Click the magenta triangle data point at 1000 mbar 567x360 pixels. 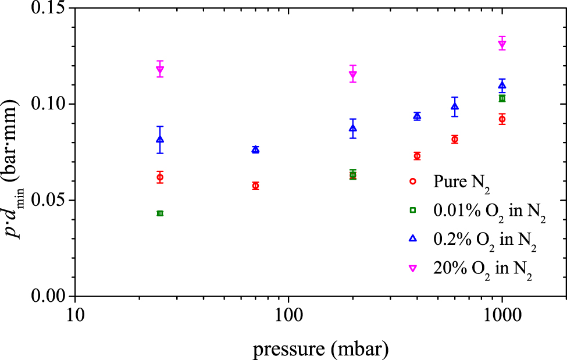(502, 45)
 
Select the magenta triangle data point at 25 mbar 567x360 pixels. (160, 69)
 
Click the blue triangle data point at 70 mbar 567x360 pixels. (255, 149)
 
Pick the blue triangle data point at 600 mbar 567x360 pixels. (455, 106)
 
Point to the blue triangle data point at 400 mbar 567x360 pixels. (417, 116)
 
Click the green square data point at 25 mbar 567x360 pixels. (160, 213)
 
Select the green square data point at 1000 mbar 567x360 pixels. (502, 98)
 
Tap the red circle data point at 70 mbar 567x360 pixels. (255, 186)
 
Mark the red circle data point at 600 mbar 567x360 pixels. (455, 140)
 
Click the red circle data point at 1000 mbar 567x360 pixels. (502, 119)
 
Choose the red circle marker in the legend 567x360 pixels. (413, 181)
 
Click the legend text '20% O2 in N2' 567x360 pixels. (483, 269)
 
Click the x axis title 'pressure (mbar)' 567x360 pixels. (320, 349)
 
